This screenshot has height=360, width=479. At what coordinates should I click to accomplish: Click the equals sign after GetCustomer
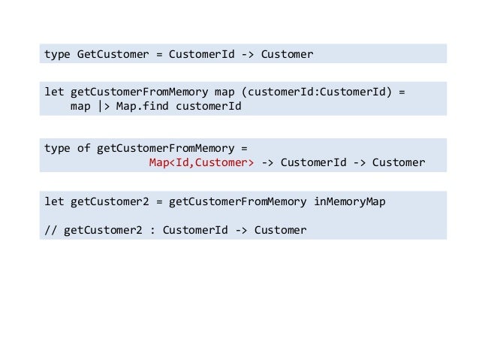pyautogui.click(x=159, y=54)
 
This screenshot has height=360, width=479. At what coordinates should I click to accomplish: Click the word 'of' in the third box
pyautogui.click(x=83, y=148)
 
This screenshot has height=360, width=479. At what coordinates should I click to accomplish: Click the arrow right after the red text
pyautogui.click(x=268, y=162)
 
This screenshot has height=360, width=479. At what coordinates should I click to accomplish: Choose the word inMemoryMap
pyautogui.click(x=348, y=201)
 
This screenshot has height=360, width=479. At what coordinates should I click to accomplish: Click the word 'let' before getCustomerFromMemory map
pyautogui.click(x=54, y=92)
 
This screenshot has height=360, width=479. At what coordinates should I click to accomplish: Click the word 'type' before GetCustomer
pyautogui.click(x=57, y=54)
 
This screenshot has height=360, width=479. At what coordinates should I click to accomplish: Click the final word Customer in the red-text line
pyautogui.click(x=399, y=162)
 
